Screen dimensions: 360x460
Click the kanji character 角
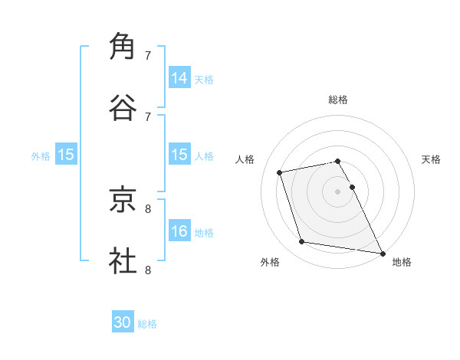(x=123, y=46)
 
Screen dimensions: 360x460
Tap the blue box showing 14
(x=179, y=77)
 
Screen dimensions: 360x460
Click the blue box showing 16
(x=179, y=231)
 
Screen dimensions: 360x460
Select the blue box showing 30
(x=123, y=322)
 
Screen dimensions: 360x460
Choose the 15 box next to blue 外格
(x=66, y=155)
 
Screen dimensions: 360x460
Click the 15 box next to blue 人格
(x=179, y=155)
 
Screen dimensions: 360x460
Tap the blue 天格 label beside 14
(x=204, y=80)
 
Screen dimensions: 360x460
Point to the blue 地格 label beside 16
(x=204, y=233)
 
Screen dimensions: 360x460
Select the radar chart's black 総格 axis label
(x=338, y=100)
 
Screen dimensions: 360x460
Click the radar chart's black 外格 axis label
(x=270, y=263)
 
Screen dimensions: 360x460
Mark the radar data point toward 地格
(x=382, y=252)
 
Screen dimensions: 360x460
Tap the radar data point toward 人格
(x=280, y=172)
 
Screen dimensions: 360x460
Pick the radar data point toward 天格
(x=353, y=187)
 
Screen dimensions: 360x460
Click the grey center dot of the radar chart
(x=338, y=191)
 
